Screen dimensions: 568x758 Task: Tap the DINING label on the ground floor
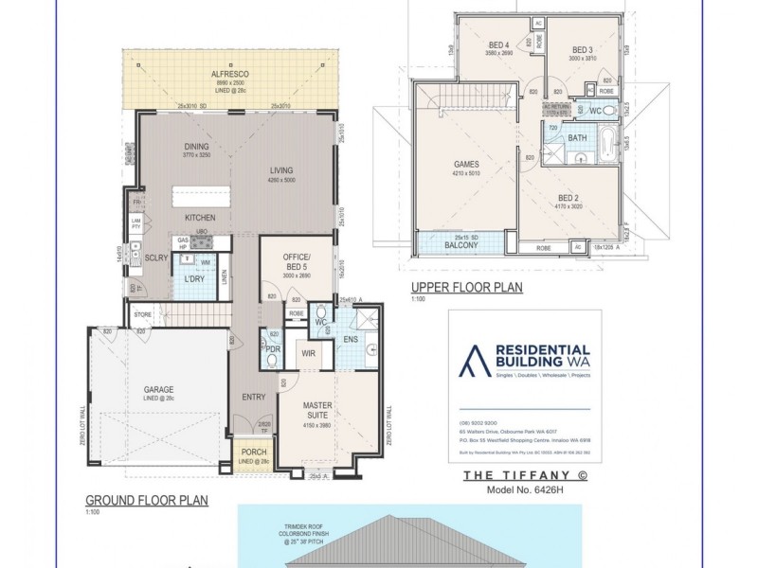tap(196, 147)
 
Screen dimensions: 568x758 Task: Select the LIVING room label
tap(282, 170)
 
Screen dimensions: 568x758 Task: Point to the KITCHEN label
tap(200, 218)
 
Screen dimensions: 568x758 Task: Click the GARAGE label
tap(158, 389)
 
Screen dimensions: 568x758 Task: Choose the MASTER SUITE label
tap(317, 410)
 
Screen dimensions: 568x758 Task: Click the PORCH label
tap(253, 453)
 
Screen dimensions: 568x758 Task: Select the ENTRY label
tap(253, 398)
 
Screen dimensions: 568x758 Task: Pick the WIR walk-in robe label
tap(308, 353)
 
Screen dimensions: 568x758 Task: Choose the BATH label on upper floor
tap(577, 138)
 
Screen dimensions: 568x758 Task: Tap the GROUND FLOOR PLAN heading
tap(147, 501)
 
